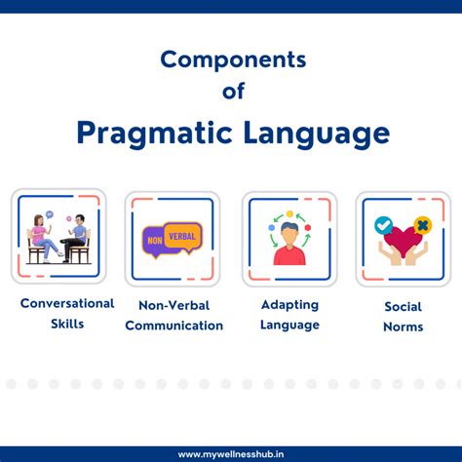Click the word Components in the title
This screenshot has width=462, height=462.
[x=233, y=59]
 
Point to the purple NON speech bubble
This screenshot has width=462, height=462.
[x=157, y=240]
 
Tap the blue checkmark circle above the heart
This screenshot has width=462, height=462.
[x=384, y=224]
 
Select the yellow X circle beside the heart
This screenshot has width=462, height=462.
[x=422, y=225]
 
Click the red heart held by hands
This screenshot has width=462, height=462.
[x=403, y=239]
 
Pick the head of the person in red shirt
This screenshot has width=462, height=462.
[x=289, y=233]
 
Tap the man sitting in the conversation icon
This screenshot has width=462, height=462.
[x=77, y=238]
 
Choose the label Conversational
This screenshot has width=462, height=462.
[x=67, y=304]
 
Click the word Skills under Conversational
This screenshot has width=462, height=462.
[x=67, y=324]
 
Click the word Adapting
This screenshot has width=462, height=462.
[x=289, y=305]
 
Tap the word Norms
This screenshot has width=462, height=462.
[x=403, y=327]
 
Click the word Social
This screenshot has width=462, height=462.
[x=403, y=306]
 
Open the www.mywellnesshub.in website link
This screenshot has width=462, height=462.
[x=232, y=454]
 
